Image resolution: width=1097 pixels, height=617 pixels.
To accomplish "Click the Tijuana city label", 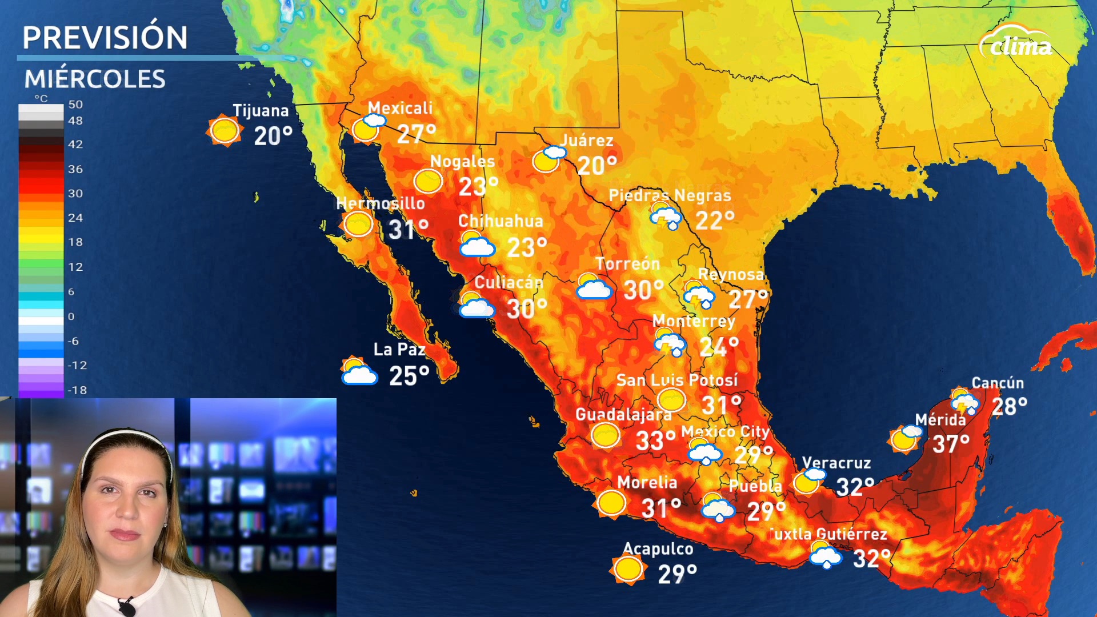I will [x=261, y=111].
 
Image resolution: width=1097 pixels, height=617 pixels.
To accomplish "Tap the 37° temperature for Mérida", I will [x=951, y=443].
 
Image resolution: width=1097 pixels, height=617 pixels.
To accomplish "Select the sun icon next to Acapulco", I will [x=628, y=568].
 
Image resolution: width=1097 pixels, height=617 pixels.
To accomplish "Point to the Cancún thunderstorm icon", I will [x=964, y=401].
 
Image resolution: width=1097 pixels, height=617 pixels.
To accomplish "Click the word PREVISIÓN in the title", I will [x=105, y=38].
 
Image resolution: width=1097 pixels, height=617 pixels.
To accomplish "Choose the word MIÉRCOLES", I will [x=95, y=79].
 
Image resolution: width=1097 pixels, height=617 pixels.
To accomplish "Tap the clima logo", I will [x=1016, y=43].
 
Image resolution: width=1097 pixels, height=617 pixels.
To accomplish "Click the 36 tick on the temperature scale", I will [x=75, y=169].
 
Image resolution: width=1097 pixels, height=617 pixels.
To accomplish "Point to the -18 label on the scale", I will [x=77, y=390].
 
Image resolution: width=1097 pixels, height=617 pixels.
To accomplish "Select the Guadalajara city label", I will [x=623, y=414].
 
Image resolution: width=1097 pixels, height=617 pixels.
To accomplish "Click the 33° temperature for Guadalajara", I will [x=655, y=441].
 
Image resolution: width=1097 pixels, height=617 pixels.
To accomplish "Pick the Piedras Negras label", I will [x=670, y=195].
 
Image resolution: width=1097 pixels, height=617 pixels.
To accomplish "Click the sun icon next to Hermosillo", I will [x=358, y=224].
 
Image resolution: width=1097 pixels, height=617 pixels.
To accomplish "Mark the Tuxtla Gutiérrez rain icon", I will [x=825, y=555].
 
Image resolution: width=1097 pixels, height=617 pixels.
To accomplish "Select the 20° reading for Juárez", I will [x=597, y=166].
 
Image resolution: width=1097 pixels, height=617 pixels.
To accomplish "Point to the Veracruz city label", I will [x=836, y=463].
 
